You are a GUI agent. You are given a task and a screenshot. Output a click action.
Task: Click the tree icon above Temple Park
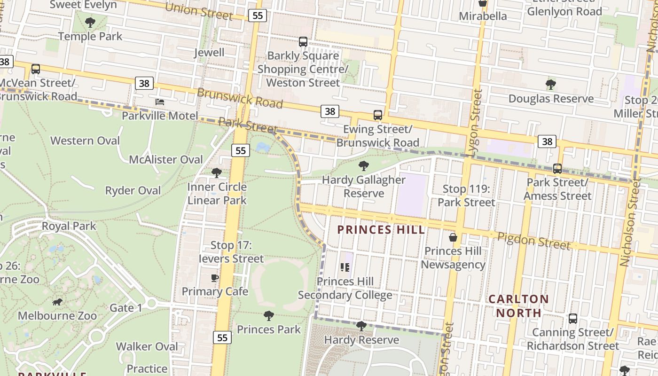tap(90, 22)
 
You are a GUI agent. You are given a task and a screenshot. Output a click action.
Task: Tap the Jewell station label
tap(209, 52)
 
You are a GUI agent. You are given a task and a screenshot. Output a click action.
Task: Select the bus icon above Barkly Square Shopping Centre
tap(303, 42)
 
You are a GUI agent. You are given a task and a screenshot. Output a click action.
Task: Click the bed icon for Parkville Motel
tap(160, 102)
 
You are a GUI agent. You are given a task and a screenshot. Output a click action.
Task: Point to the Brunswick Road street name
tap(240, 98)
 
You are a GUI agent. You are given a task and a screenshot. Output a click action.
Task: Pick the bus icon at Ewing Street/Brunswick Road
tap(377, 115)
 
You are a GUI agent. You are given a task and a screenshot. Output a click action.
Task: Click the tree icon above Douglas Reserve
tap(551, 85)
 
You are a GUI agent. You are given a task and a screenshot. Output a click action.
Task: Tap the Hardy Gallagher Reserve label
tap(363, 186)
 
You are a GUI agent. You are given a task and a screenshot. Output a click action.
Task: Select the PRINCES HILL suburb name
tap(381, 230)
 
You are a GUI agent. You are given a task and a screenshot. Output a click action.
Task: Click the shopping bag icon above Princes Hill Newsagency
tap(453, 237)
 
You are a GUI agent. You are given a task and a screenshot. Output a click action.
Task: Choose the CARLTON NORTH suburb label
tap(518, 305)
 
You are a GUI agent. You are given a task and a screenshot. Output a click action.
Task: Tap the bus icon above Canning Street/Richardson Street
tap(572, 318)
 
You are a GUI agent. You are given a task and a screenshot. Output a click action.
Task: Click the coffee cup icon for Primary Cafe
tap(215, 278)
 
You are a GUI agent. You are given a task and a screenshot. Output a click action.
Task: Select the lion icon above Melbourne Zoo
tap(57, 301)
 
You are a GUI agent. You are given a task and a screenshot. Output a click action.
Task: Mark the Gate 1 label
tap(125, 308)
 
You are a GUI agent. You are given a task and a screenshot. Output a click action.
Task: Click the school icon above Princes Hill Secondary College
tap(345, 267)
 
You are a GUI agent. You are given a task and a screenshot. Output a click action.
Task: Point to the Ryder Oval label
tap(133, 190)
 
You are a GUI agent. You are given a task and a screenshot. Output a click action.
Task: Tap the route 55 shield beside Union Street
tap(258, 16)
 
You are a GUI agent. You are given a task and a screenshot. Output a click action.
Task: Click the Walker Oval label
tap(147, 346)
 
